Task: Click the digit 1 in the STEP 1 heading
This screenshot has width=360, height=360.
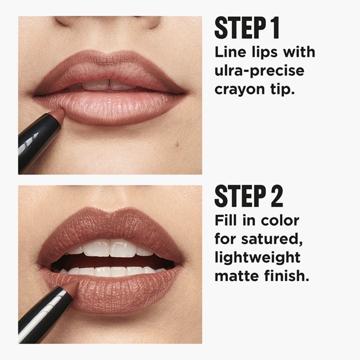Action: coord(274,28)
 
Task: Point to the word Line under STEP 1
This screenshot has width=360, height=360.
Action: coord(230,52)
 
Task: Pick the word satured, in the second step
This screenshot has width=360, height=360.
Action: coord(272,240)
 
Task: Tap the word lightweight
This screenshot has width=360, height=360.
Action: coord(258,258)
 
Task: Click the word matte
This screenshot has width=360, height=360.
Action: coord(237,276)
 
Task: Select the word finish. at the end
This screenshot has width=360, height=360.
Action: coord(286,276)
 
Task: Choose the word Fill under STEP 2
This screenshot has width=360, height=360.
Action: coord(226,220)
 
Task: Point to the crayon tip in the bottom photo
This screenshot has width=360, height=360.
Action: coord(72,286)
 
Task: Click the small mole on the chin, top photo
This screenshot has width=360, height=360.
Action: coord(177,144)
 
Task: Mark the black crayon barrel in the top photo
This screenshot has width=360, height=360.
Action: coord(37,142)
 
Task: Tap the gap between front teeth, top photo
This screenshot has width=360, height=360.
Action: coord(109,84)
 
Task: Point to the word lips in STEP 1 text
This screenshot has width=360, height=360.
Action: coord(264,52)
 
